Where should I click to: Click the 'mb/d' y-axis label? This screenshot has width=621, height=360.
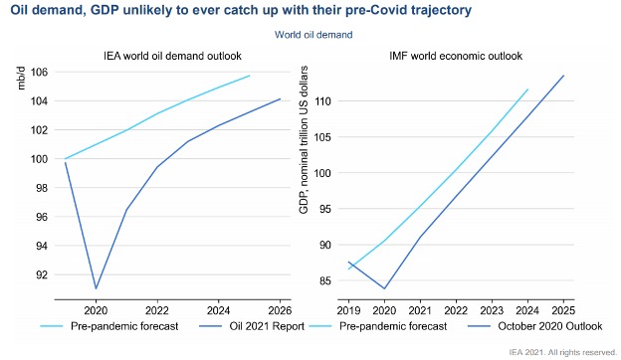click(21, 77)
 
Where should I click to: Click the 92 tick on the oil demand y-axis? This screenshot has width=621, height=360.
click(42, 274)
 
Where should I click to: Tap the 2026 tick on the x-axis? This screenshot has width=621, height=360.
click(279, 309)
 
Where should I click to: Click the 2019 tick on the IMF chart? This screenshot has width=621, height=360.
click(349, 309)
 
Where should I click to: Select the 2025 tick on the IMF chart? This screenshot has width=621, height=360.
click(563, 309)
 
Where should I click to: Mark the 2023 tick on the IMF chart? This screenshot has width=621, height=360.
click(492, 309)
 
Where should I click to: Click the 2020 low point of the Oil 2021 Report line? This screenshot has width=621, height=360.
click(96, 288)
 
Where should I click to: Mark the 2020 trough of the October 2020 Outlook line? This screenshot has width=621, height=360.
click(385, 288)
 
